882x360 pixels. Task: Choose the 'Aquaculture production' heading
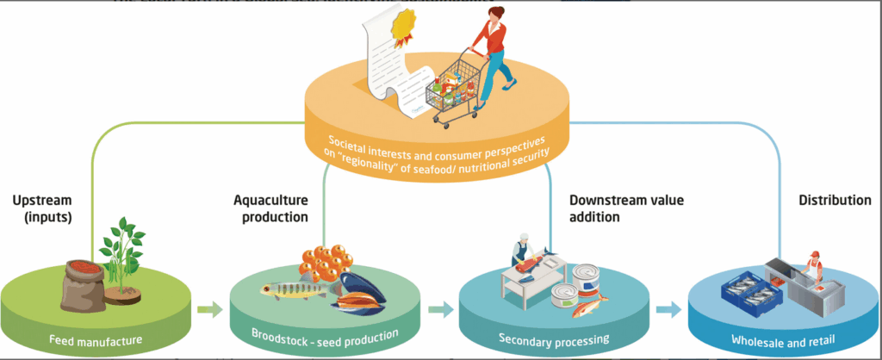pos(270,208)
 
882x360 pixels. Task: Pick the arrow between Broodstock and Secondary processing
pos(438,308)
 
